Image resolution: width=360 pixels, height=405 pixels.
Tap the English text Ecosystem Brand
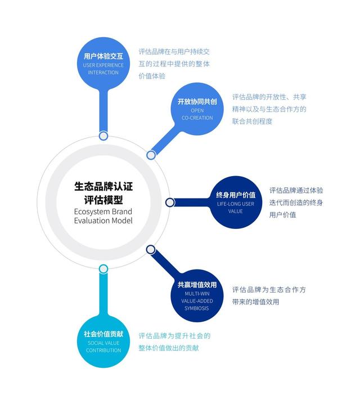103,211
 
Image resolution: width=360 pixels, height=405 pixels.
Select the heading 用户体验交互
103,56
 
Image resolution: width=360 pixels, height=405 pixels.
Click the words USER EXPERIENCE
103,65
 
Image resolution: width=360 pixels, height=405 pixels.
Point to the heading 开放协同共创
197,102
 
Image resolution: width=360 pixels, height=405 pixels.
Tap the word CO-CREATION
197,118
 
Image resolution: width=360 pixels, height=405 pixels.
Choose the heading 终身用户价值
236,195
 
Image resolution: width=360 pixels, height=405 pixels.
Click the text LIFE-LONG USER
236,204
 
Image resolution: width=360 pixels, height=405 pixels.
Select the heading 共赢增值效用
197,285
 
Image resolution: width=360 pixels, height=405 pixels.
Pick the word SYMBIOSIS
197,308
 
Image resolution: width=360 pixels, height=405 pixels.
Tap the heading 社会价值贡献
103,334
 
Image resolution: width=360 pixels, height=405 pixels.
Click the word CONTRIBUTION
103,350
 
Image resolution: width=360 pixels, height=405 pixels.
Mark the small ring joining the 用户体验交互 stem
103,136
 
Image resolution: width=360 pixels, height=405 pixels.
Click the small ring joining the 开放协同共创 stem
151,155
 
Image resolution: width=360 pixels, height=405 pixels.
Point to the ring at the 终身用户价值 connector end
169,202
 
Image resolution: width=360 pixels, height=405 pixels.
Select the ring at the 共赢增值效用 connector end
151,249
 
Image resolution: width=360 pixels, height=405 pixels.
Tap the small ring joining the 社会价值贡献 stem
103,269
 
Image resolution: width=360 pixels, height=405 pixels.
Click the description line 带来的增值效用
256,302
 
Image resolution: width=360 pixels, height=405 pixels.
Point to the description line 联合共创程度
253,121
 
